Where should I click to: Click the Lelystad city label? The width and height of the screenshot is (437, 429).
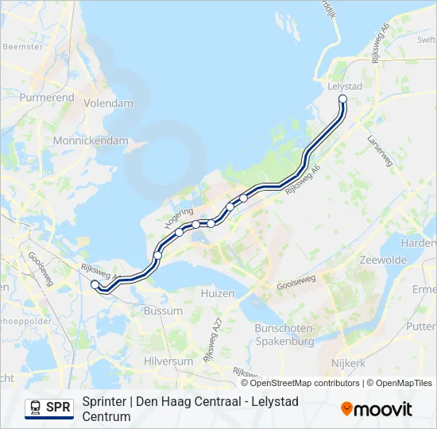point(344,85)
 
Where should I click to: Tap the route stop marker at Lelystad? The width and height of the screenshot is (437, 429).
point(343,99)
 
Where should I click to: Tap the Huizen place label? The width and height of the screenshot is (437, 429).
point(219,293)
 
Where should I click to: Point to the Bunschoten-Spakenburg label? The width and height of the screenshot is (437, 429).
point(284,334)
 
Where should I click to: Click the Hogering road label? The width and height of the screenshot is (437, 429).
point(178,218)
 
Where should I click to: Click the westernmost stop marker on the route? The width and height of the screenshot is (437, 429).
point(95,284)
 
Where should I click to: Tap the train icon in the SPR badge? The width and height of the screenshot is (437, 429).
point(36,408)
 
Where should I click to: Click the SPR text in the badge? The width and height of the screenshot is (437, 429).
point(58,408)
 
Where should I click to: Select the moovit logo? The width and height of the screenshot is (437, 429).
point(377,408)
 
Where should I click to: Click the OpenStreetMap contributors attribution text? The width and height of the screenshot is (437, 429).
point(306,383)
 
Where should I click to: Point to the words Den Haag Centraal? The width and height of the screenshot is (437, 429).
point(182,401)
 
